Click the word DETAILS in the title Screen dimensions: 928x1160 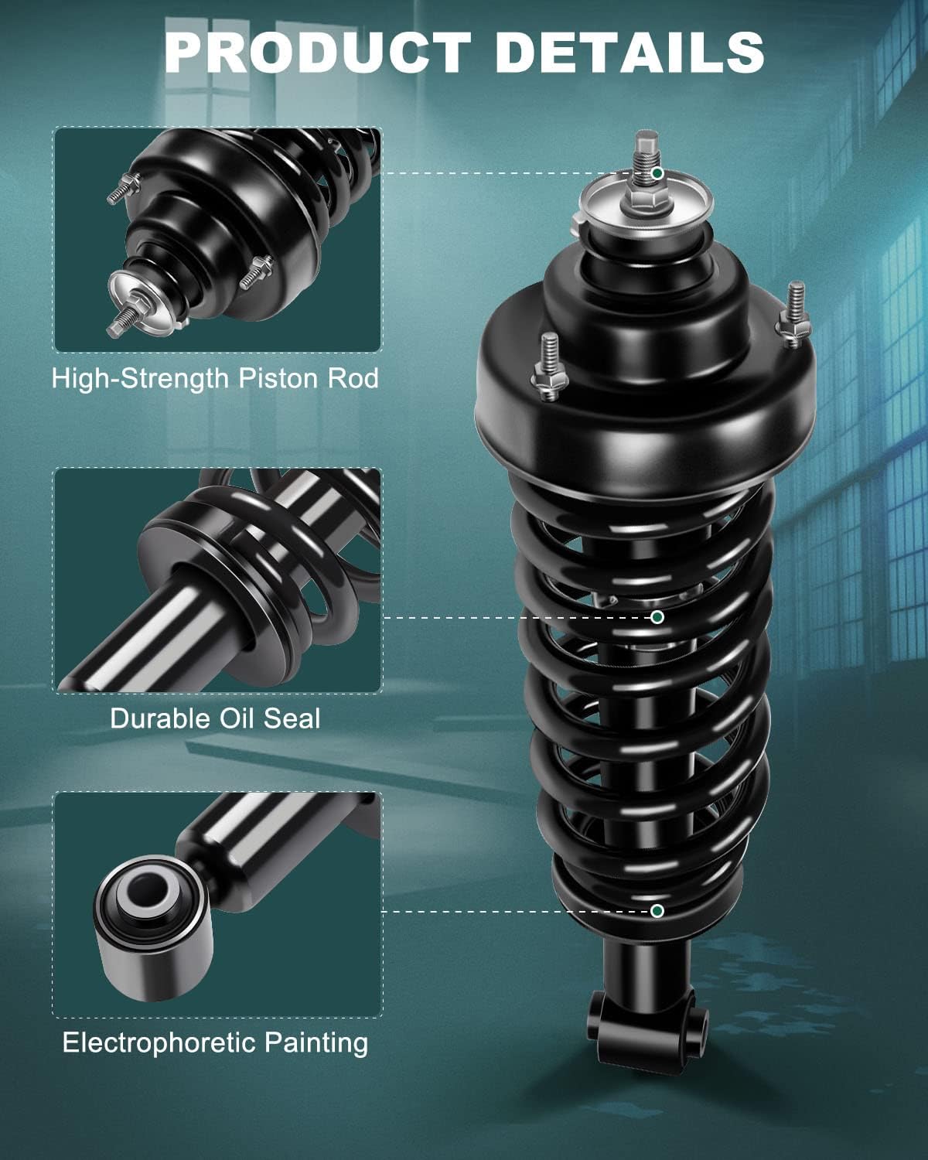point(629,53)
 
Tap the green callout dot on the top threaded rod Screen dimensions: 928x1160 point(657,173)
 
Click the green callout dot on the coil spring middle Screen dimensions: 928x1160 point(657,617)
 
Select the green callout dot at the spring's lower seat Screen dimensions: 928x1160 point(657,911)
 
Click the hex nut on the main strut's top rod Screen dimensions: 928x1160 point(646,202)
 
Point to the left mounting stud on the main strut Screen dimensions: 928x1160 point(550,367)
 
